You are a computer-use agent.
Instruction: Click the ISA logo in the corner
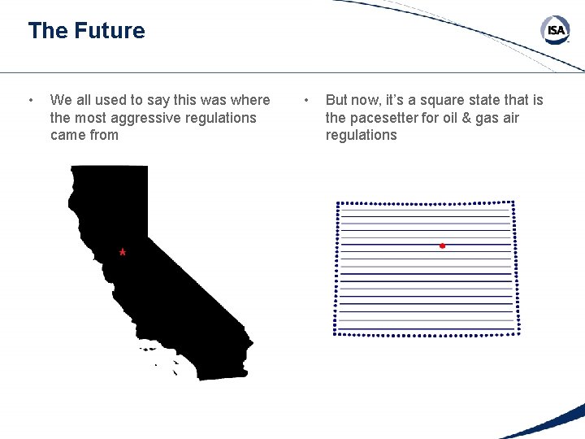[x=556, y=31]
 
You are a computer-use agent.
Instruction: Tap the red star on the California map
[x=122, y=253]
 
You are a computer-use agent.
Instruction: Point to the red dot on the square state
[x=442, y=245]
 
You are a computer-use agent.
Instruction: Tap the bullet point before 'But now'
[x=306, y=100]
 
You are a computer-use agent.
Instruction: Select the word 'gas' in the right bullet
[x=483, y=118]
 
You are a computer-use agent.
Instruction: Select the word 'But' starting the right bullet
[x=337, y=100]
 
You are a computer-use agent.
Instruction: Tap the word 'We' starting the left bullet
[x=61, y=100]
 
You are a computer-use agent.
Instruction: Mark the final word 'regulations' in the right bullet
[x=361, y=135]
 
